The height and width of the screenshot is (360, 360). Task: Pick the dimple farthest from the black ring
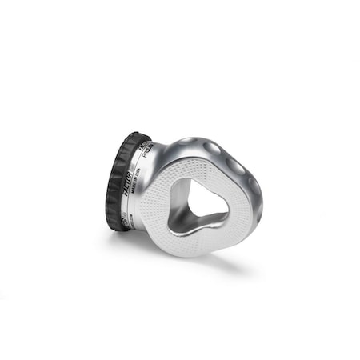(x=254, y=190)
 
